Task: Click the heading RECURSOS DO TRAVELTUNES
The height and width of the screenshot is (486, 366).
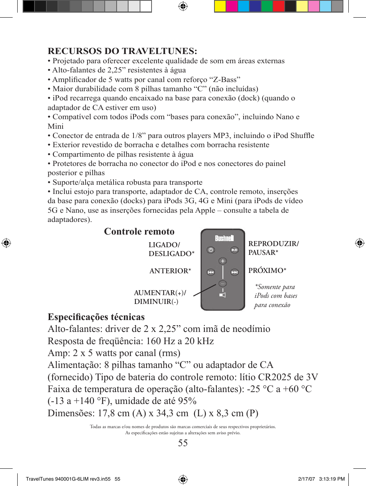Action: (122, 51)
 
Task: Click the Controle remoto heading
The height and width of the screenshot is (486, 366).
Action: (139, 232)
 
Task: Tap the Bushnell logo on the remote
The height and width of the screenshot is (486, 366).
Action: (224, 238)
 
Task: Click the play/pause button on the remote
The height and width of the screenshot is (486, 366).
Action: (234, 250)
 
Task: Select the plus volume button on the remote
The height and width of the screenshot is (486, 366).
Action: (223, 261)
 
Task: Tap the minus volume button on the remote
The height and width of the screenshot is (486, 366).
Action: (223, 284)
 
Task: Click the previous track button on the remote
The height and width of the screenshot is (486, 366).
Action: (211, 272)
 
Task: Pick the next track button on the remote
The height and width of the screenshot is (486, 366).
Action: (234, 272)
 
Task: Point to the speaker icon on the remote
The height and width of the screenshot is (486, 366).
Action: (223, 295)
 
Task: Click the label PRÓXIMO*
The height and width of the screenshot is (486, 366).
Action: (267, 271)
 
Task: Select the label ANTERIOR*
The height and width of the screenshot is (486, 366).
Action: (170, 271)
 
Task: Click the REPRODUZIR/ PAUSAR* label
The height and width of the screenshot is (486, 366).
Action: (273, 248)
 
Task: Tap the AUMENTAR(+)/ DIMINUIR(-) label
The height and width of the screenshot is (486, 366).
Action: (160, 297)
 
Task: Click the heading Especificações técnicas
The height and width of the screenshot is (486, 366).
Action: (96, 317)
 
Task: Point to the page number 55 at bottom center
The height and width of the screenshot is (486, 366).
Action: (183, 443)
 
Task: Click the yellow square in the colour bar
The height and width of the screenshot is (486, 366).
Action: (220, 6)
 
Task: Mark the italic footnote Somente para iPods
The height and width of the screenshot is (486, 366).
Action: (275, 296)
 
